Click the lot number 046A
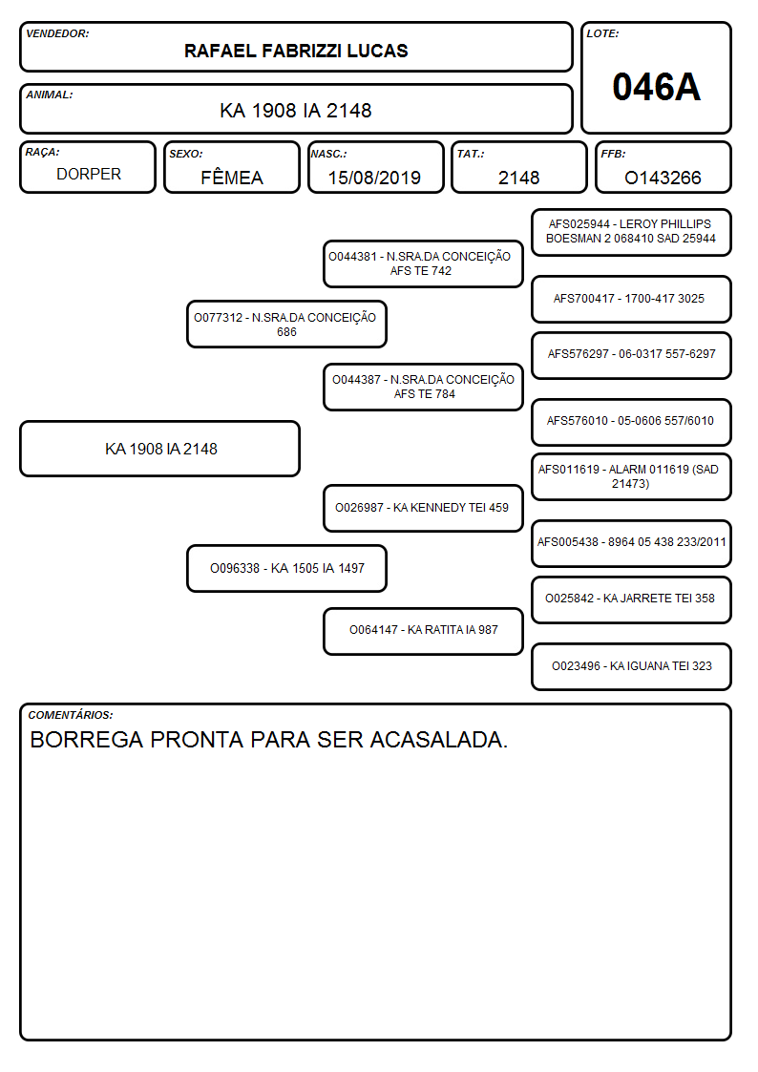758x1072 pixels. [656, 87]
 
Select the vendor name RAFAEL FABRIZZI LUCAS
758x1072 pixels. [296, 51]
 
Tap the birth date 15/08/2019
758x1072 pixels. [374, 178]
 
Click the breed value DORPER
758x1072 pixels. [89, 175]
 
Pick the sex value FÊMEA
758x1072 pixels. [232, 177]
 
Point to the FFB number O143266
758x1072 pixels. [663, 178]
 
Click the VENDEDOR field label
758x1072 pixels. [57, 33]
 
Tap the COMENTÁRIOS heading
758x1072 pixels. [71, 715]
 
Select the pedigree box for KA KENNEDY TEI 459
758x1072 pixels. [423, 508]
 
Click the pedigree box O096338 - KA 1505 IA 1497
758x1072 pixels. [286, 568]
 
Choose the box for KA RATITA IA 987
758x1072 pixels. [423, 630]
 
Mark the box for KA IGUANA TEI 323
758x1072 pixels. [632, 666]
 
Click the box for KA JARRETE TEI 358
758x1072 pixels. [632, 599]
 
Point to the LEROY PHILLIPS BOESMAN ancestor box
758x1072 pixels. [632, 232]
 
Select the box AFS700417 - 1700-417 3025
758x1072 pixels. [632, 299]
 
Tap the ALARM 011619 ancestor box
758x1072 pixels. [632, 476]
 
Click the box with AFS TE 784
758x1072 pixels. [423, 387]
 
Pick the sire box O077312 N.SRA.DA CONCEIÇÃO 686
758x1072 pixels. [286, 324]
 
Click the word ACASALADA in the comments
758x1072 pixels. [439, 740]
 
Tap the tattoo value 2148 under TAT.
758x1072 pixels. [518, 178]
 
